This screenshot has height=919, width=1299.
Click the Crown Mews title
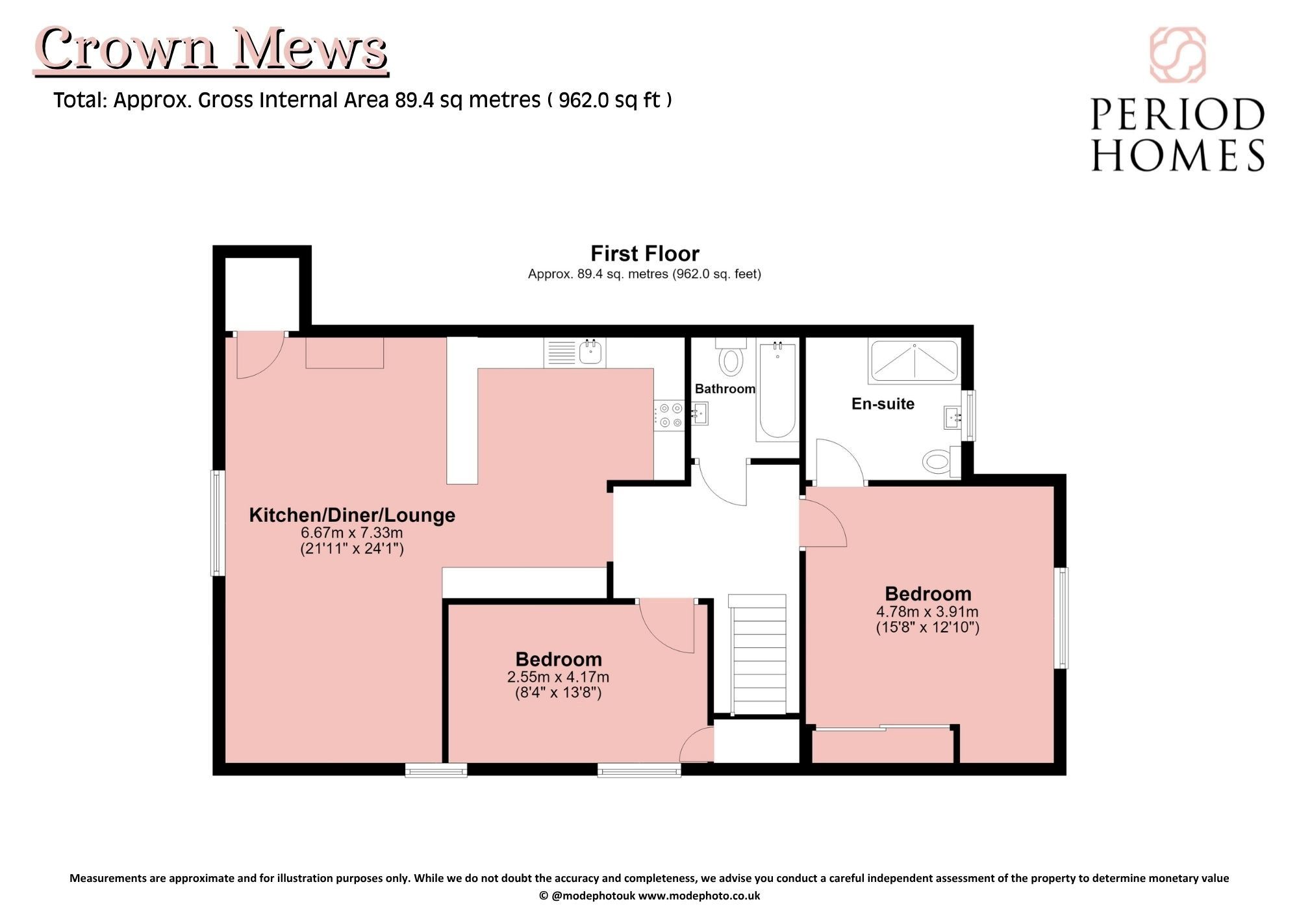(212, 49)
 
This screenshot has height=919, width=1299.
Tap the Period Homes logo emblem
(1178, 55)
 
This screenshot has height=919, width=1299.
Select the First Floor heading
(644, 253)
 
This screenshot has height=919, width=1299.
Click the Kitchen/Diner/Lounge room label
(352, 515)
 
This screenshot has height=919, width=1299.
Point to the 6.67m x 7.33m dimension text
(351, 533)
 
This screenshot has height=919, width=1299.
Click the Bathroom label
(725, 389)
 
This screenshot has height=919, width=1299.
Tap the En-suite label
(883, 404)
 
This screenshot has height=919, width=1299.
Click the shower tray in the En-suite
(914, 361)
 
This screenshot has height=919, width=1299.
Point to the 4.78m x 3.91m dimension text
(927, 612)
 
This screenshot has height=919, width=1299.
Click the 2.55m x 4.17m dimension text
(559, 677)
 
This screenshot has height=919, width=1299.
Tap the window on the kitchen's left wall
(218, 523)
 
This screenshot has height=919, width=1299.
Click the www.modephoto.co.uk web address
(699, 896)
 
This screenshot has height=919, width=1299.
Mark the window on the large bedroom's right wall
(1061, 618)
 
